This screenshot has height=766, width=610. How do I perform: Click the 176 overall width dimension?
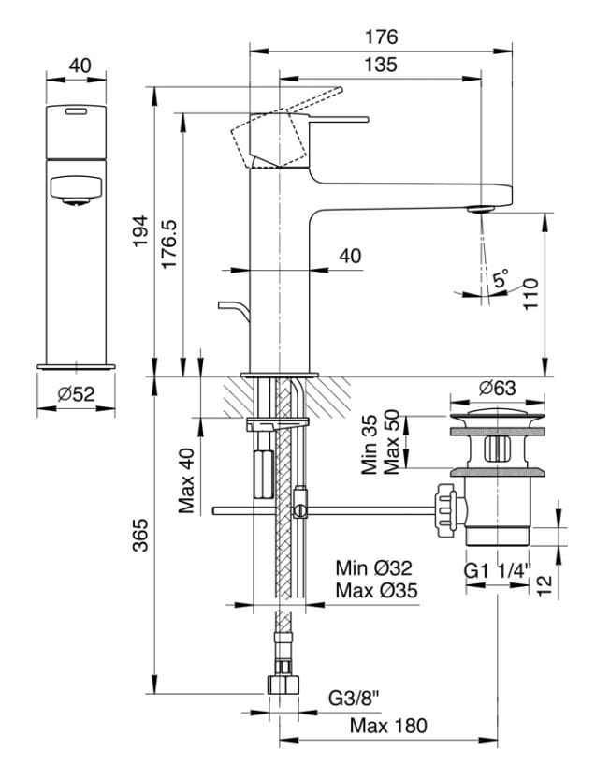pos(382,37)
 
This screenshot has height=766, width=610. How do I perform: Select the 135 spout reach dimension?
pos(382,65)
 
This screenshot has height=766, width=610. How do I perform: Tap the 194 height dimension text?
pos(140,230)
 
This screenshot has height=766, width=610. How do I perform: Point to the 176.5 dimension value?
pos(169,246)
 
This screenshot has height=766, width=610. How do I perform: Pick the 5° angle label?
pos(501,278)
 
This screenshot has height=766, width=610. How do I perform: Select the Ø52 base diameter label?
pos(76,395)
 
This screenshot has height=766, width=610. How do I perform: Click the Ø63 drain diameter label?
pos(497,387)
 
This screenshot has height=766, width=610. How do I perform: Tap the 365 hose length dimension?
pos(140,534)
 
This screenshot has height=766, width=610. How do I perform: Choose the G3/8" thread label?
pos(353,698)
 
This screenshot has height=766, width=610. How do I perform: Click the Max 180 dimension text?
pos(388,726)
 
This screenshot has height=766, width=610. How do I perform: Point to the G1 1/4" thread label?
pos(497,568)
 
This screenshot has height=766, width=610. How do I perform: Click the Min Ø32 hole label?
pos(374,568)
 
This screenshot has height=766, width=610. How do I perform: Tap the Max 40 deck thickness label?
pos(187,479)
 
